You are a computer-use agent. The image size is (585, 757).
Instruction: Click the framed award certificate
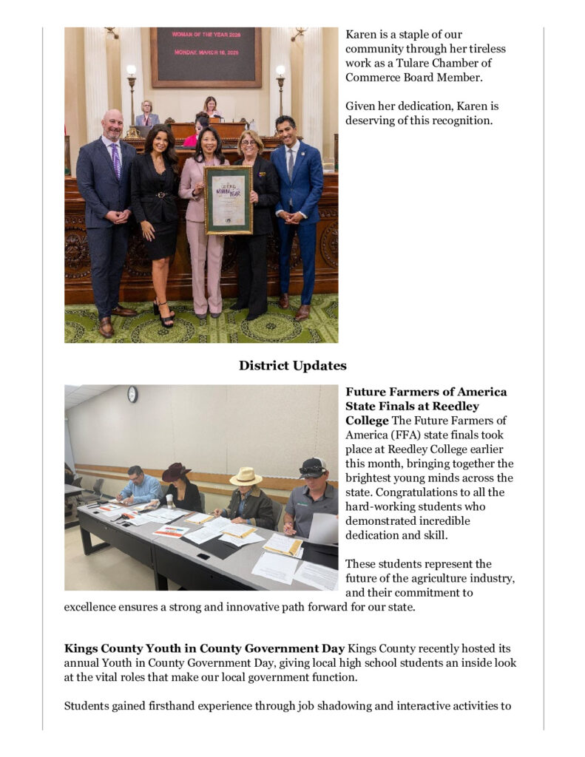point(228,200)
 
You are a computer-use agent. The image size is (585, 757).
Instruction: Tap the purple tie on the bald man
point(116,160)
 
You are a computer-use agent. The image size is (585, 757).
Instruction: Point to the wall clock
point(132,394)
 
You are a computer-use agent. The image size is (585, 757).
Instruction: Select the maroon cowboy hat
point(177,472)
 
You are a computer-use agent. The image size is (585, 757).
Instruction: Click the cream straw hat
point(246,477)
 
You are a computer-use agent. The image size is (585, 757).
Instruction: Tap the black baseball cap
point(313,467)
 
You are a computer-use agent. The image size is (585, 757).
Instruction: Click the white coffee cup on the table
point(169,502)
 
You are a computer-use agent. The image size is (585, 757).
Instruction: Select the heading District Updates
point(292,366)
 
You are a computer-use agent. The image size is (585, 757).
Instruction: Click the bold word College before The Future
point(367,421)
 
